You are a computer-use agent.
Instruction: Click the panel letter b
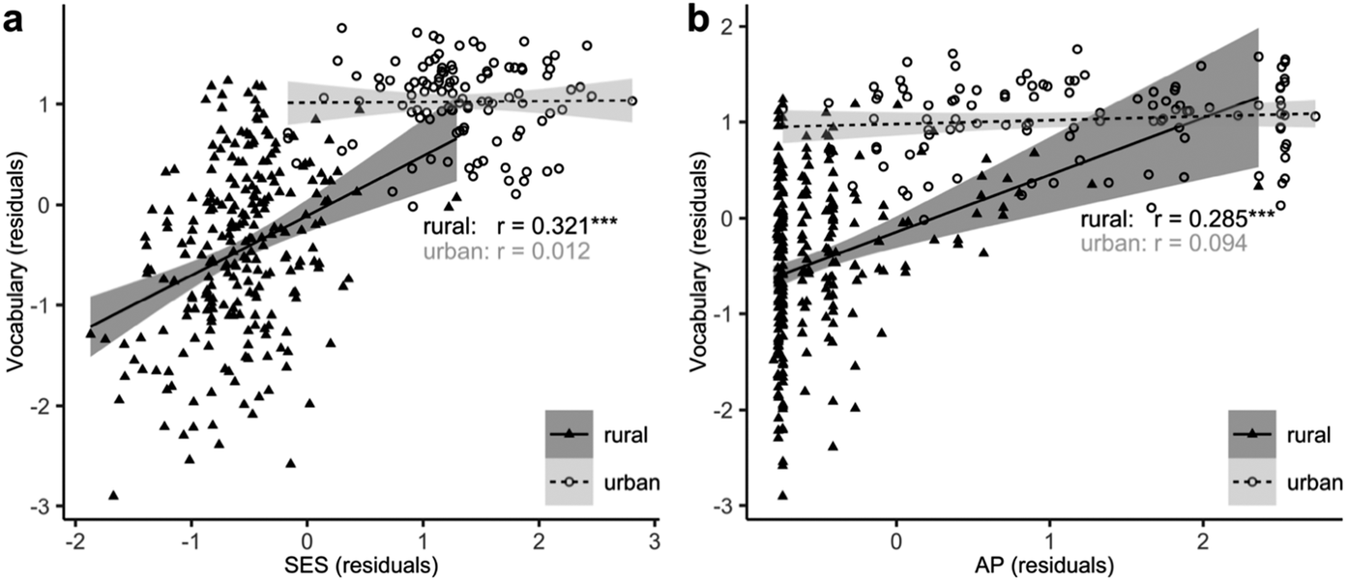699,18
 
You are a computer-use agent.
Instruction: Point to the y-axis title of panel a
15,261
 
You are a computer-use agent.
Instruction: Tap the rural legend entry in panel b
1294,435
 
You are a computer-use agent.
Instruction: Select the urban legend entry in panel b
1294,481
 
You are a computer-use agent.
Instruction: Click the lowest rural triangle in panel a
114,494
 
